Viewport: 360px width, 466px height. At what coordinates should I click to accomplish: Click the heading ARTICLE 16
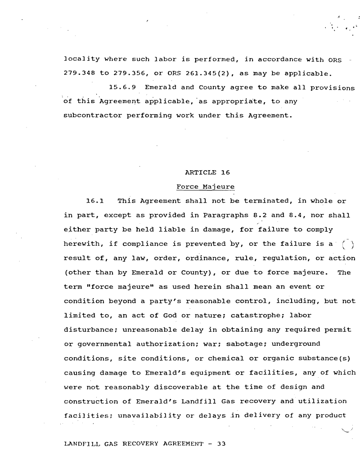201,172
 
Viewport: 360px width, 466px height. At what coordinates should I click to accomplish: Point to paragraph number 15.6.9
122,87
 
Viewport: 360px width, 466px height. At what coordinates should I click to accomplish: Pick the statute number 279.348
77,73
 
